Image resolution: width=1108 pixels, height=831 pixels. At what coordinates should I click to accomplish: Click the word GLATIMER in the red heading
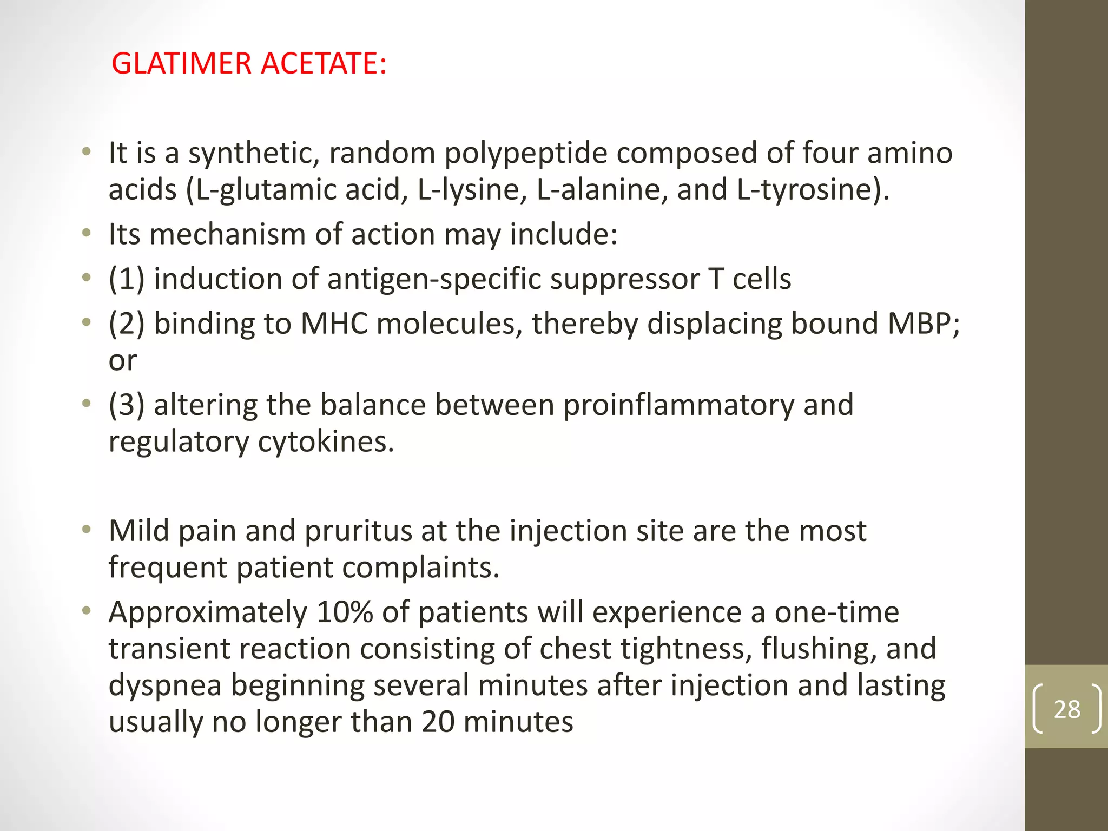(x=181, y=63)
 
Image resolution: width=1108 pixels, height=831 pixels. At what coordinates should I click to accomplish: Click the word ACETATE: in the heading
(x=324, y=63)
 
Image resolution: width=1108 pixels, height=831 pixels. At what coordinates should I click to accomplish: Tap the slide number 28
(x=1066, y=709)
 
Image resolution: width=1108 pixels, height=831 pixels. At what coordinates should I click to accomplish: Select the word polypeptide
(x=526, y=154)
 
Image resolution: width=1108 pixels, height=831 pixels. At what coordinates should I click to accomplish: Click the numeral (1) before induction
(x=127, y=279)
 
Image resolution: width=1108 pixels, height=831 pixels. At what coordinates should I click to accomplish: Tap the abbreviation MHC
(x=334, y=324)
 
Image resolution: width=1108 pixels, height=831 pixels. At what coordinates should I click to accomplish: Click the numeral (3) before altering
(x=127, y=405)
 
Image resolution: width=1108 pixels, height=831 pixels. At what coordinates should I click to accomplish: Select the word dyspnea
(x=165, y=685)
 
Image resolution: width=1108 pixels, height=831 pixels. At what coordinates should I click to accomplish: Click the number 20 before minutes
(x=438, y=722)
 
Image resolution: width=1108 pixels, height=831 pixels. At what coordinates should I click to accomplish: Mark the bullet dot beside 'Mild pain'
(x=86, y=530)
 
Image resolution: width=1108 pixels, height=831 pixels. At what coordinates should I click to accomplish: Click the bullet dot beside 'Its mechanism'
(x=86, y=234)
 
